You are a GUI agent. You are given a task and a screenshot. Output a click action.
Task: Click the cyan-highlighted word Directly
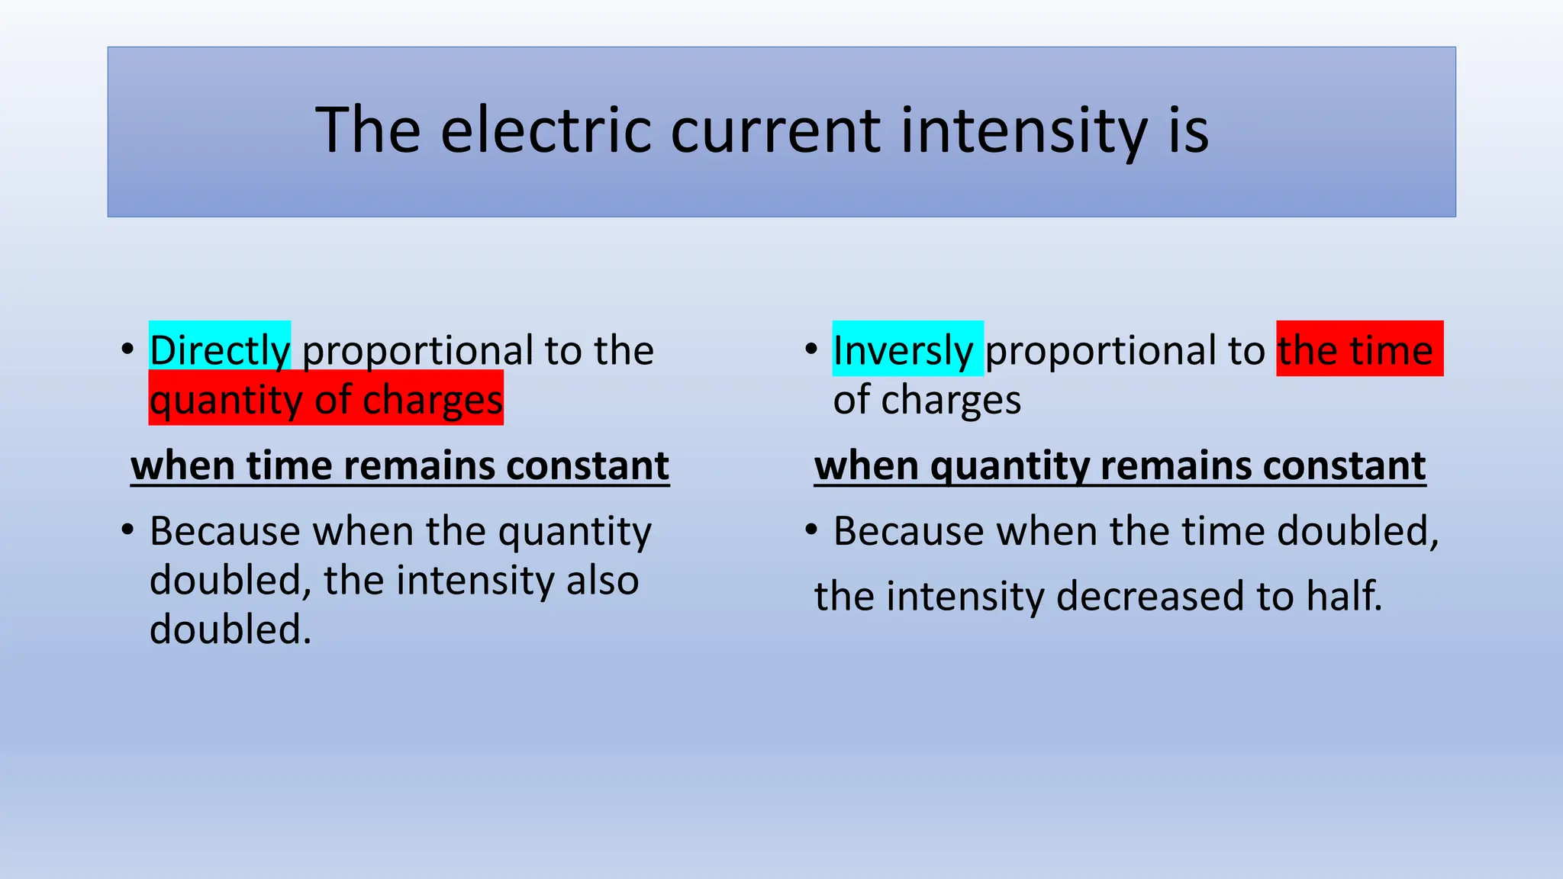(x=220, y=349)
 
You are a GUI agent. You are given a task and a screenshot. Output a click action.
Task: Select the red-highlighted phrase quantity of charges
(x=326, y=399)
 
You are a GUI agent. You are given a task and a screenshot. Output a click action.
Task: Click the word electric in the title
(x=545, y=130)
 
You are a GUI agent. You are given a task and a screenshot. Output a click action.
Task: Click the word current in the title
(x=775, y=130)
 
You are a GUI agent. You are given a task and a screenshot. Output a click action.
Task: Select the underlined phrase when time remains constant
(x=400, y=465)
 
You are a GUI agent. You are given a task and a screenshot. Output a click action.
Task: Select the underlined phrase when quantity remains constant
(x=1120, y=465)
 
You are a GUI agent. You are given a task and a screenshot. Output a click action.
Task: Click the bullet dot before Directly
(x=128, y=349)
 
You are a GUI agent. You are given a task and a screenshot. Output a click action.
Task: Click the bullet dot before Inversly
(x=811, y=349)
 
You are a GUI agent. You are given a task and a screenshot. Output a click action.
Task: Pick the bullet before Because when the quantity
(x=128, y=529)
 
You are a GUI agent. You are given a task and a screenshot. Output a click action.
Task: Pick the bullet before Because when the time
(x=811, y=529)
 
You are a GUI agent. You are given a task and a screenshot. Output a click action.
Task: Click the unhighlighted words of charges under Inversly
(x=927, y=399)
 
